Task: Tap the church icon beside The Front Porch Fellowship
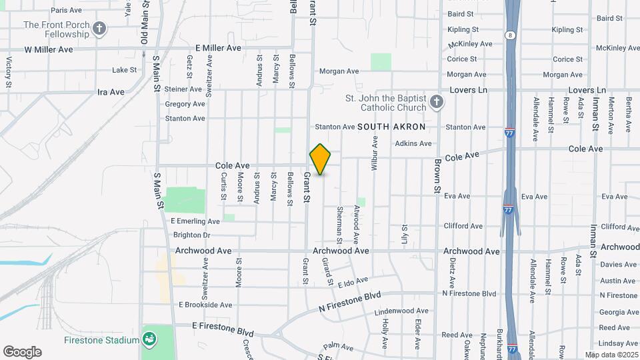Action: [99, 28]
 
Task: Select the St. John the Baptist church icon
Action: [436, 103]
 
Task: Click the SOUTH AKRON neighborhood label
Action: [391, 126]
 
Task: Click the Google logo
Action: [22, 351]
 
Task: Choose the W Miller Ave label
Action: [49, 49]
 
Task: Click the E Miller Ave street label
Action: [218, 48]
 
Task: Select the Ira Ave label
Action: [111, 92]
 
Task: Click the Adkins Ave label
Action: [413, 143]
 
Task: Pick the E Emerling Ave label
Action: [195, 221]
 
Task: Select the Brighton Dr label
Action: [191, 235]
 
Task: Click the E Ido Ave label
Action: [353, 283]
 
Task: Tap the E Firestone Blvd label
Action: [223, 326]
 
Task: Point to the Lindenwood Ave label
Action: [401, 311]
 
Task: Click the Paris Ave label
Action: [66, 11]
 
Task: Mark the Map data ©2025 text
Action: [611, 355]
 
